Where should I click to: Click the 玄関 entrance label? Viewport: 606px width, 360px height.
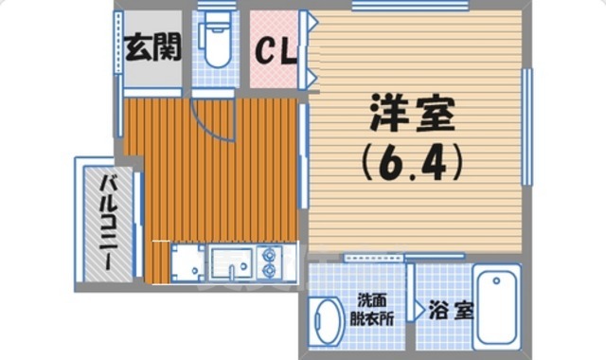151,47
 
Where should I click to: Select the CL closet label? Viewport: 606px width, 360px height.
276,48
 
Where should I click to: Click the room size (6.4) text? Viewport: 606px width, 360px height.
409,163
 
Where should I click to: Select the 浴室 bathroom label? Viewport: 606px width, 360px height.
450,311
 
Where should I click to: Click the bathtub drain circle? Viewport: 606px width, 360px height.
497,281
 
